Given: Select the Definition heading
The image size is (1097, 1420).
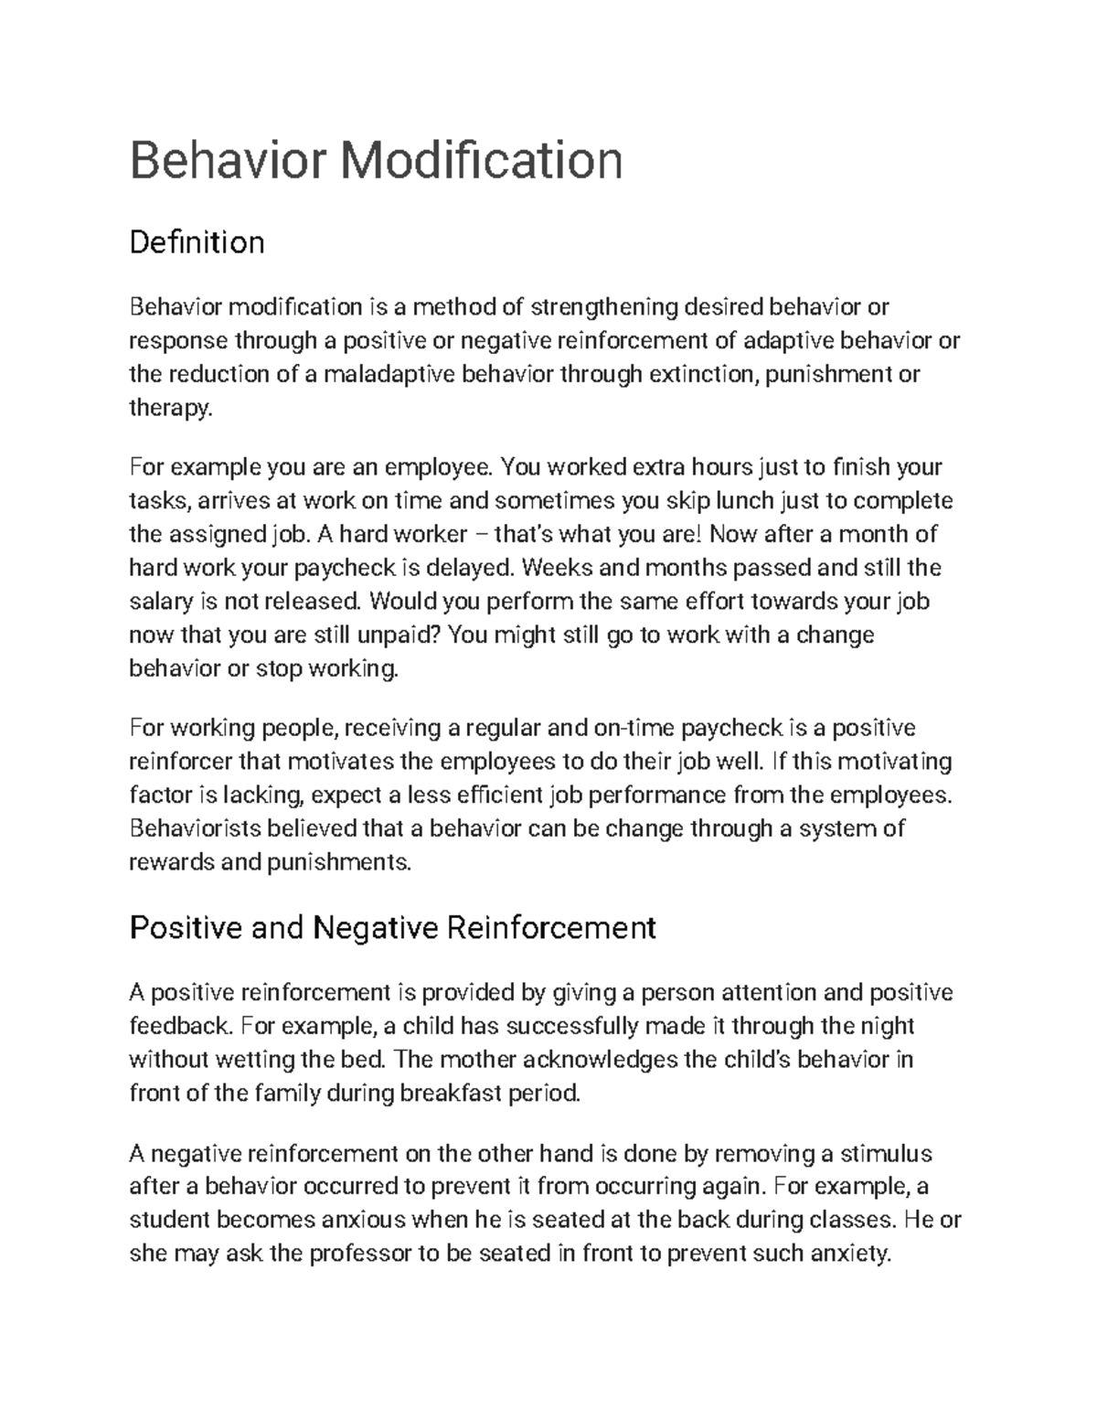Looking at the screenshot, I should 197,242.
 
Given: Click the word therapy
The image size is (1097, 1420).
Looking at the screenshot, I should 170,409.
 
